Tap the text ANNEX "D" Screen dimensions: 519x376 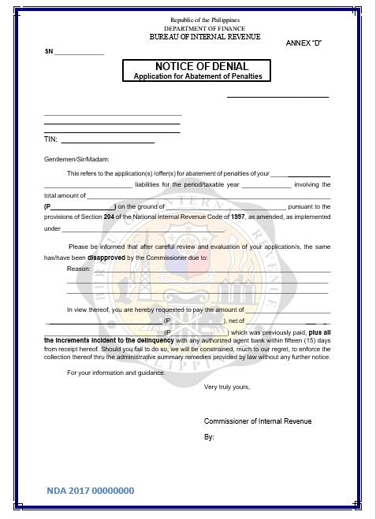(303, 43)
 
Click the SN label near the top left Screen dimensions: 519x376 (49, 52)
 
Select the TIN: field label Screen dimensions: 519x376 (50, 139)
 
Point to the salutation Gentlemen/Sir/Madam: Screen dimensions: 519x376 (78, 158)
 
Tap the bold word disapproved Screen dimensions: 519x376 (106, 258)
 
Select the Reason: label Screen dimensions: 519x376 (79, 269)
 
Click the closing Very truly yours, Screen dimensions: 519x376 (226, 387)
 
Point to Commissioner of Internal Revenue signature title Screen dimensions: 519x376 (257, 421)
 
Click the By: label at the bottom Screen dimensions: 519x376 (209, 436)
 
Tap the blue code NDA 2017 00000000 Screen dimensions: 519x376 (90, 491)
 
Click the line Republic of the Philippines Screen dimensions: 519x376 (205, 20)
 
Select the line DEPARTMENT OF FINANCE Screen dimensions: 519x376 (205, 28)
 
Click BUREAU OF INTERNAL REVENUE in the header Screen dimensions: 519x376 (205, 37)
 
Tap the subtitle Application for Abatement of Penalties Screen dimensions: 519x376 (198, 76)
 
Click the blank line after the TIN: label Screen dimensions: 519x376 (106, 141)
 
